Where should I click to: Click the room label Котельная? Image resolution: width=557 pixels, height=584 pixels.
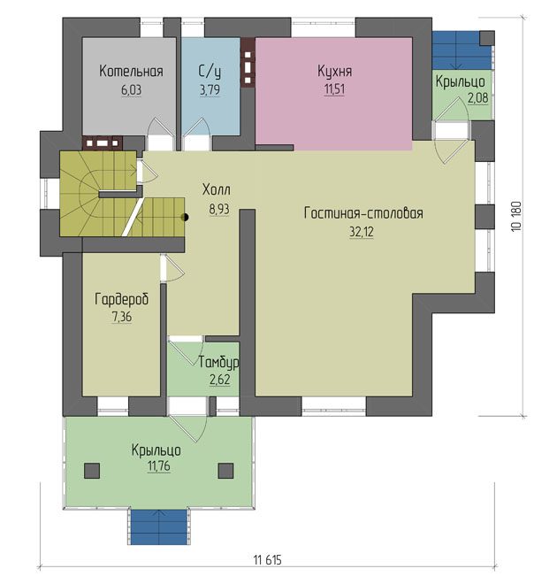[131, 71]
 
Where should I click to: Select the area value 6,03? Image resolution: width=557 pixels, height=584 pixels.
[132, 90]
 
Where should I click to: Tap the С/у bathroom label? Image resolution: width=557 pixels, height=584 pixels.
[210, 72]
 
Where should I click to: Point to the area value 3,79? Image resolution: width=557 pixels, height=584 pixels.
[210, 90]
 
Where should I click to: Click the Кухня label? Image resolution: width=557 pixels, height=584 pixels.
[334, 71]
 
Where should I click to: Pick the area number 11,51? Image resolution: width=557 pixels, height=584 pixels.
[334, 89]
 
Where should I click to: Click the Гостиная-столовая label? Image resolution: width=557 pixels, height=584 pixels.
[363, 213]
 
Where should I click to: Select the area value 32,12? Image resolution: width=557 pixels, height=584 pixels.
[362, 232]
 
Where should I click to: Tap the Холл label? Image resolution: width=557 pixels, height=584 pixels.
[217, 190]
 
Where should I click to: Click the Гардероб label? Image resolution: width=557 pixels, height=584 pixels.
[122, 299]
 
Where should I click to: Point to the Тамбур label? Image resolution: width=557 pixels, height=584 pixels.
[218, 363]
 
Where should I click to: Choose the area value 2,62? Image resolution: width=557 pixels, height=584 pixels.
[220, 380]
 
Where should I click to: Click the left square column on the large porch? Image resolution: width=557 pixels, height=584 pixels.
[92, 471]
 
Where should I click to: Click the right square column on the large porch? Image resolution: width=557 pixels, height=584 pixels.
[225, 471]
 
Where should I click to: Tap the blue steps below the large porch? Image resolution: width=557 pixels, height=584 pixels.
[159, 527]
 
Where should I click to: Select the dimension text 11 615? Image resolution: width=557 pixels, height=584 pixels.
[268, 559]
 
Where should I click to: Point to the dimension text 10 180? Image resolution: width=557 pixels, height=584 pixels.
[516, 217]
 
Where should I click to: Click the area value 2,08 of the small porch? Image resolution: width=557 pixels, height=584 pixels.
[477, 98]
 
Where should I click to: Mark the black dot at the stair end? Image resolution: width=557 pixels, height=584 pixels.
[185, 217]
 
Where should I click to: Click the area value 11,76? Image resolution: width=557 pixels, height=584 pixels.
[159, 466]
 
